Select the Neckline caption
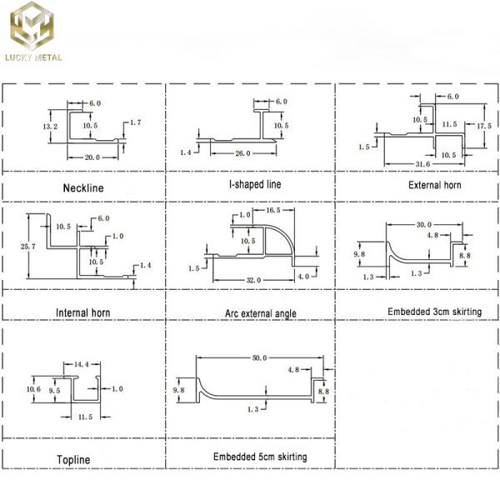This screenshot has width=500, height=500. [x=83, y=187]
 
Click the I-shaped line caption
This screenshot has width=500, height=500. [x=249, y=184]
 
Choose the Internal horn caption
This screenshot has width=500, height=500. [x=83, y=313]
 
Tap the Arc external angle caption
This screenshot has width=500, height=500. [x=249, y=313]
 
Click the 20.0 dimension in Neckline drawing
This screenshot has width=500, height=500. [x=92, y=156]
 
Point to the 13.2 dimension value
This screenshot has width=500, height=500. [x=51, y=126]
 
